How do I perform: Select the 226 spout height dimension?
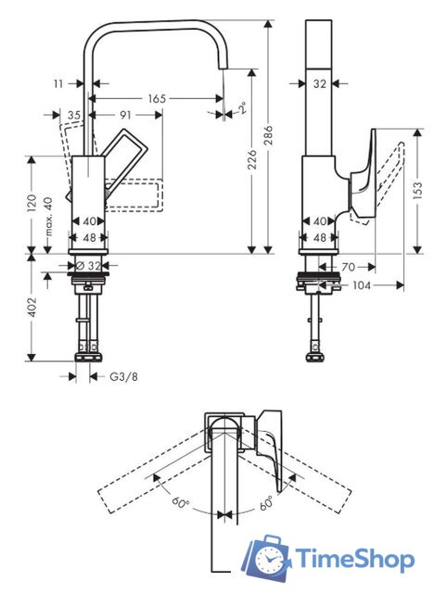point(252,158)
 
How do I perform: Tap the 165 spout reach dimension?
point(157,99)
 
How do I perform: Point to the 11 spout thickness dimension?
point(57,83)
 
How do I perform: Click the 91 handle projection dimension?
point(125,115)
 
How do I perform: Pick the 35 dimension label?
point(75,115)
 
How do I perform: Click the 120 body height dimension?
point(32,203)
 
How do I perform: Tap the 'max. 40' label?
point(49,216)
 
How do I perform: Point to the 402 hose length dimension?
point(32,307)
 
